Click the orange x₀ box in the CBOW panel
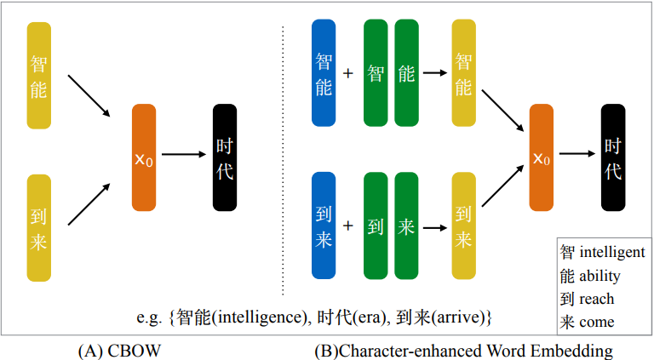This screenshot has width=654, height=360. click(145, 157)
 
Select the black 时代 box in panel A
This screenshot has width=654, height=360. click(224, 157)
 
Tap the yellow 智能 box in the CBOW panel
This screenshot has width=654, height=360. click(38, 76)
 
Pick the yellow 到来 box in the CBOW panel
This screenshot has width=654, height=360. click(38, 227)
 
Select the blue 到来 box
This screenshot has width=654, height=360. click(324, 226)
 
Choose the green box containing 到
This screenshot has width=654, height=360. click(376, 226)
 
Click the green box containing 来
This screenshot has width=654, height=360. click(406, 226)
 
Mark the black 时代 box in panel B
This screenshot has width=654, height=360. click(613, 157)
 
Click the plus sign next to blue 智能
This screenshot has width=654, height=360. click(348, 73)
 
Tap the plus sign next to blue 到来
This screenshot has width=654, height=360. click(348, 226)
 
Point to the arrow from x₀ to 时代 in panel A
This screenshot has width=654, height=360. click(184, 154)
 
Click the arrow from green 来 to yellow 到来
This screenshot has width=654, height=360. click(434, 227)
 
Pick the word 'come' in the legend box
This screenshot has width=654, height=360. click(597, 322)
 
